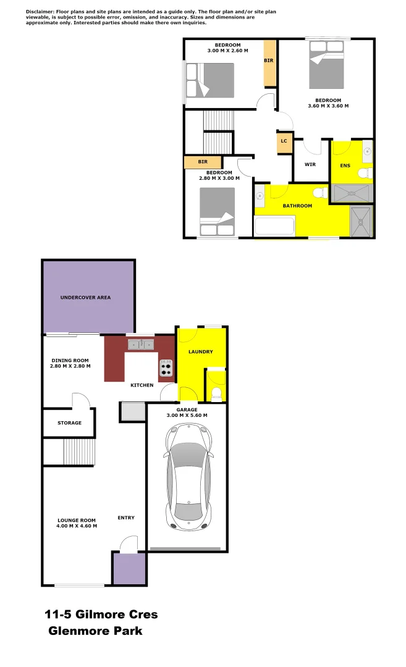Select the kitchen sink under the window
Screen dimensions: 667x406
pos(140,343)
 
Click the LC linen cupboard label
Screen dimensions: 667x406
pos(284,141)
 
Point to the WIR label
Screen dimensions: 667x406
pos(310,165)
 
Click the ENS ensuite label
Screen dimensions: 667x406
pos(345,166)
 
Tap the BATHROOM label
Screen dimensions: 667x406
pos(297,206)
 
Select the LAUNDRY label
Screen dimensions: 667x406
pos(201,352)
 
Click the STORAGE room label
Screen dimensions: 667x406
pos(69,423)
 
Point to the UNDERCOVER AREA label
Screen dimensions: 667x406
pos(85,298)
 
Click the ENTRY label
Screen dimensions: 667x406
pos(126,518)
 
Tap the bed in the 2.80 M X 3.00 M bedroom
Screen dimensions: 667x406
pos(218,212)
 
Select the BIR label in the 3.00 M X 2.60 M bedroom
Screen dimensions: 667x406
pos(269,61)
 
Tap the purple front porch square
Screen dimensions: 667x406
pos(129,568)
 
